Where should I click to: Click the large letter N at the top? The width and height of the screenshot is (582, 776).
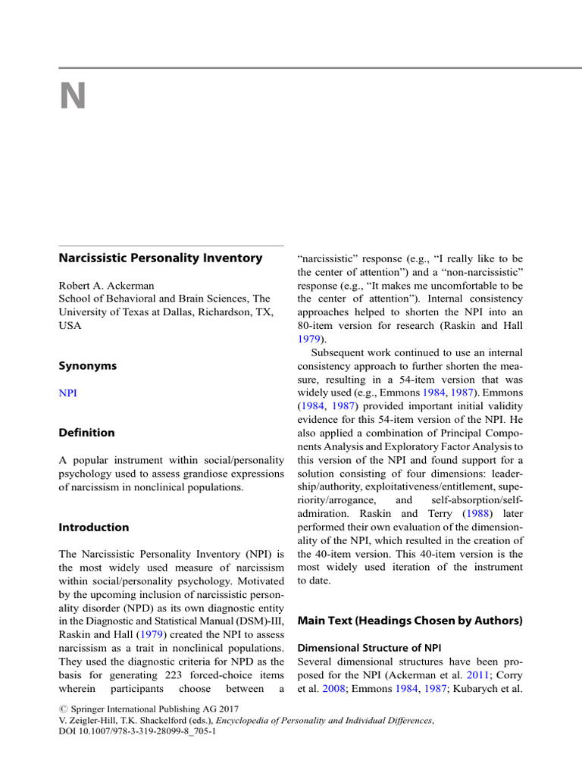click(74, 97)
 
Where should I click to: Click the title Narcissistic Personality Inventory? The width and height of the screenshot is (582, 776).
click(161, 258)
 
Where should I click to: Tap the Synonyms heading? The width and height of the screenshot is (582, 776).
click(88, 365)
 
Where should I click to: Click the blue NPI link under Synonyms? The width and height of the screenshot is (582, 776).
click(67, 393)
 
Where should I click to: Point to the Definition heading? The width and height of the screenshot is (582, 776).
click(87, 433)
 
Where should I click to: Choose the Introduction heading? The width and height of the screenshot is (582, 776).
click(94, 527)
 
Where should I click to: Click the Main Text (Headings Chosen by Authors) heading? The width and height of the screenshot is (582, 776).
click(410, 621)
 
